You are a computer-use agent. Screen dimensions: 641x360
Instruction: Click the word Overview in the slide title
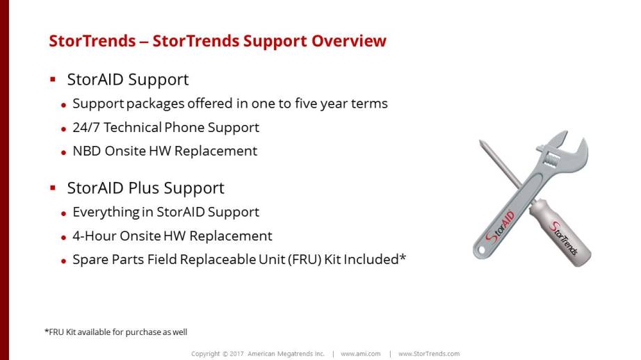click(x=349, y=41)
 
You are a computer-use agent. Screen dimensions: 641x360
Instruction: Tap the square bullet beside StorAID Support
click(x=53, y=79)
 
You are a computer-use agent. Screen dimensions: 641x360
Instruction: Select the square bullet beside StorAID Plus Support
click(x=53, y=188)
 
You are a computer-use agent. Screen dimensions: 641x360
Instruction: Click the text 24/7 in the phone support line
click(x=86, y=127)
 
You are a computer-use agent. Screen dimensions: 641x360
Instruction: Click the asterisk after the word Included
click(x=403, y=256)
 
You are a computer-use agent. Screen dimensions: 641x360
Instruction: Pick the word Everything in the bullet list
click(x=106, y=213)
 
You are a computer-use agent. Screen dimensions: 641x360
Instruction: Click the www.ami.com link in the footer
click(x=361, y=354)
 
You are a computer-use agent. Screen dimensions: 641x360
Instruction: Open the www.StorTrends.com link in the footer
click(x=429, y=354)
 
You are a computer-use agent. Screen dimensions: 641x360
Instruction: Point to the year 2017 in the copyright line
click(x=236, y=354)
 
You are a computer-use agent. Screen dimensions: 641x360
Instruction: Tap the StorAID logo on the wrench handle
click(x=500, y=227)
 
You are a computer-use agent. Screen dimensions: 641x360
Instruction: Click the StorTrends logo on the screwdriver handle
click(x=564, y=238)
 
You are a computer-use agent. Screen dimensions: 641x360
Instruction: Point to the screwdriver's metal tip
click(x=482, y=142)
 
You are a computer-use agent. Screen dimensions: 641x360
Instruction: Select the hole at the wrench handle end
click(x=481, y=250)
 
